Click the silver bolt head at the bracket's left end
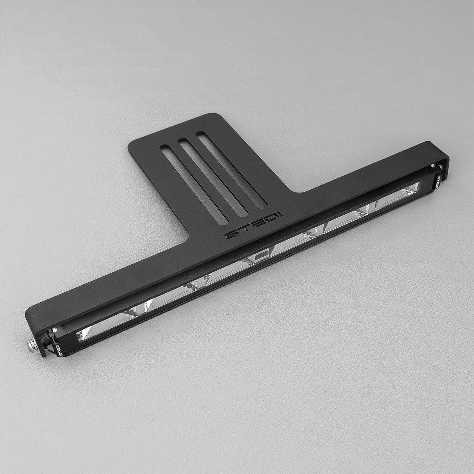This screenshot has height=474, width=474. (31, 345)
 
